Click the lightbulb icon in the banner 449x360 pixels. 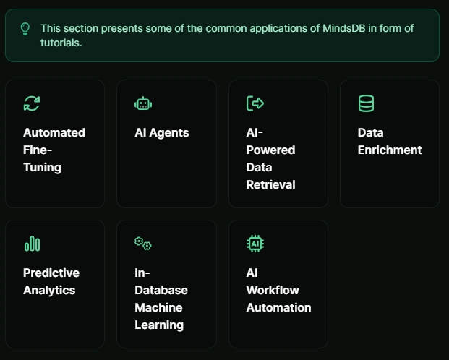point(25,29)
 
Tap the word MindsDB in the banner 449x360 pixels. point(344,28)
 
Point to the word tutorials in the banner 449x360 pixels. point(61,43)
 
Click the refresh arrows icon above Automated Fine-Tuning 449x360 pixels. point(32,103)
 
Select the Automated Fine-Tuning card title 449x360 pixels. point(54,150)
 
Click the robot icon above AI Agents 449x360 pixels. point(143,103)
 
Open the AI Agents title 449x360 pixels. point(162,132)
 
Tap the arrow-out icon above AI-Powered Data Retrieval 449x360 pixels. point(255,103)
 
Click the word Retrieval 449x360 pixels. point(270,185)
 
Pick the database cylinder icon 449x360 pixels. point(366,103)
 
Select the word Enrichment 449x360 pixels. point(390,150)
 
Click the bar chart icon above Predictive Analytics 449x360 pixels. point(32,244)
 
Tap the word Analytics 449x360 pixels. point(49,291)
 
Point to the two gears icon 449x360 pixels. point(143,244)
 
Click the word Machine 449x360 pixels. point(158,307)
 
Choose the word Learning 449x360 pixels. point(159,325)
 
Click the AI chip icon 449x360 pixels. point(255,244)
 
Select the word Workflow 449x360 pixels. point(273,291)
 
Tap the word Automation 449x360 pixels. point(278,307)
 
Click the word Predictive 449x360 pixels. point(51,273)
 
